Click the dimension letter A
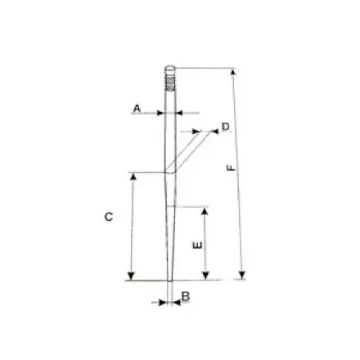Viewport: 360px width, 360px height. (137, 107)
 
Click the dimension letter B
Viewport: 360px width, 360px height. (186, 296)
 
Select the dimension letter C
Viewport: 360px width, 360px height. (108, 217)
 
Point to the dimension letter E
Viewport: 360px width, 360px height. (195, 245)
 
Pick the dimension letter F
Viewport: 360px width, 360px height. (232, 166)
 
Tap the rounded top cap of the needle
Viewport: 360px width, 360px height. (169, 70)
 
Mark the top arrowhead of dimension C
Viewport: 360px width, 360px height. (131, 176)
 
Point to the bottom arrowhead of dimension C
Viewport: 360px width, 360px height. (131, 276)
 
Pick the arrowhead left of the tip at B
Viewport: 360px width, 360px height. (163, 302)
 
